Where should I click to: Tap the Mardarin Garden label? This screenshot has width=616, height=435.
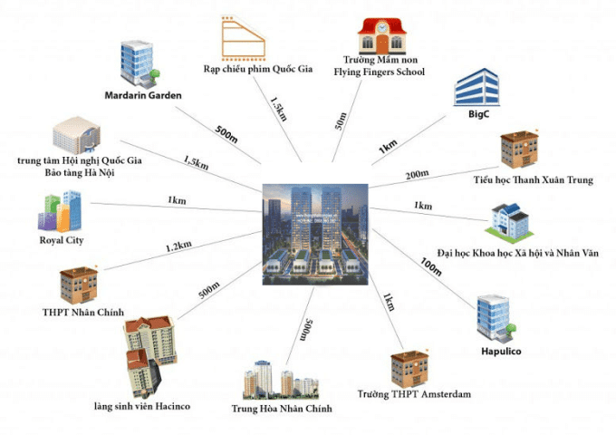[x=143, y=95]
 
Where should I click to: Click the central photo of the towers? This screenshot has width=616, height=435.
[x=315, y=234]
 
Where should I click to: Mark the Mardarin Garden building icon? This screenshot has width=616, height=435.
[x=139, y=60]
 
